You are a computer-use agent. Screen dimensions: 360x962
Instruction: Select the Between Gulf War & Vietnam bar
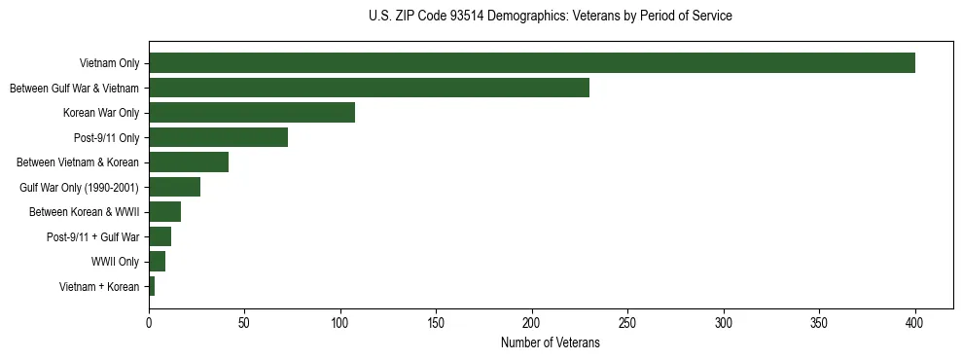[369, 88]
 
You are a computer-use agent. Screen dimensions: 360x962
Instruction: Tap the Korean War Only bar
[252, 113]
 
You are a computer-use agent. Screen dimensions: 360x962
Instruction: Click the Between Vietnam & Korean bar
[189, 162]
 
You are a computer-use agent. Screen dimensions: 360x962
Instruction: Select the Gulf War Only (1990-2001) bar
[174, 187]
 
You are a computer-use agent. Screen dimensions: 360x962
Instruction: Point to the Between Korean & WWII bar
[164, 212]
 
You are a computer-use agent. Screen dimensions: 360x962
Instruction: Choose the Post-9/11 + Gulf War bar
[160, 236]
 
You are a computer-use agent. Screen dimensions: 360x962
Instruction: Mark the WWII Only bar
[157, 261]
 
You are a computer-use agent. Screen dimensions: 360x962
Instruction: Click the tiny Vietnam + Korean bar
[152, 286]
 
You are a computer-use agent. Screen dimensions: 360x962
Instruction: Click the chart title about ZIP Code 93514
[550, 17]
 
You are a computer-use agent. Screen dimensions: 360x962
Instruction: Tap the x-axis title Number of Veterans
[550, 343]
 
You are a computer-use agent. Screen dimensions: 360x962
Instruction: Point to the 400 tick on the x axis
[915, 321]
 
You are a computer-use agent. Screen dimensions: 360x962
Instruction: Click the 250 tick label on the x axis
[627, 321]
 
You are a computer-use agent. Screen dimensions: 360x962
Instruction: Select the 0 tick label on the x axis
[149, 321]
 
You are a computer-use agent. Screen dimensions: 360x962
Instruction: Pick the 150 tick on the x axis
[436, 321]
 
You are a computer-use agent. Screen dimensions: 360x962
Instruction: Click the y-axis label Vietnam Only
[109, 64]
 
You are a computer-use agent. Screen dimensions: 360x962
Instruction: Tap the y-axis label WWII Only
[115, 262]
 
